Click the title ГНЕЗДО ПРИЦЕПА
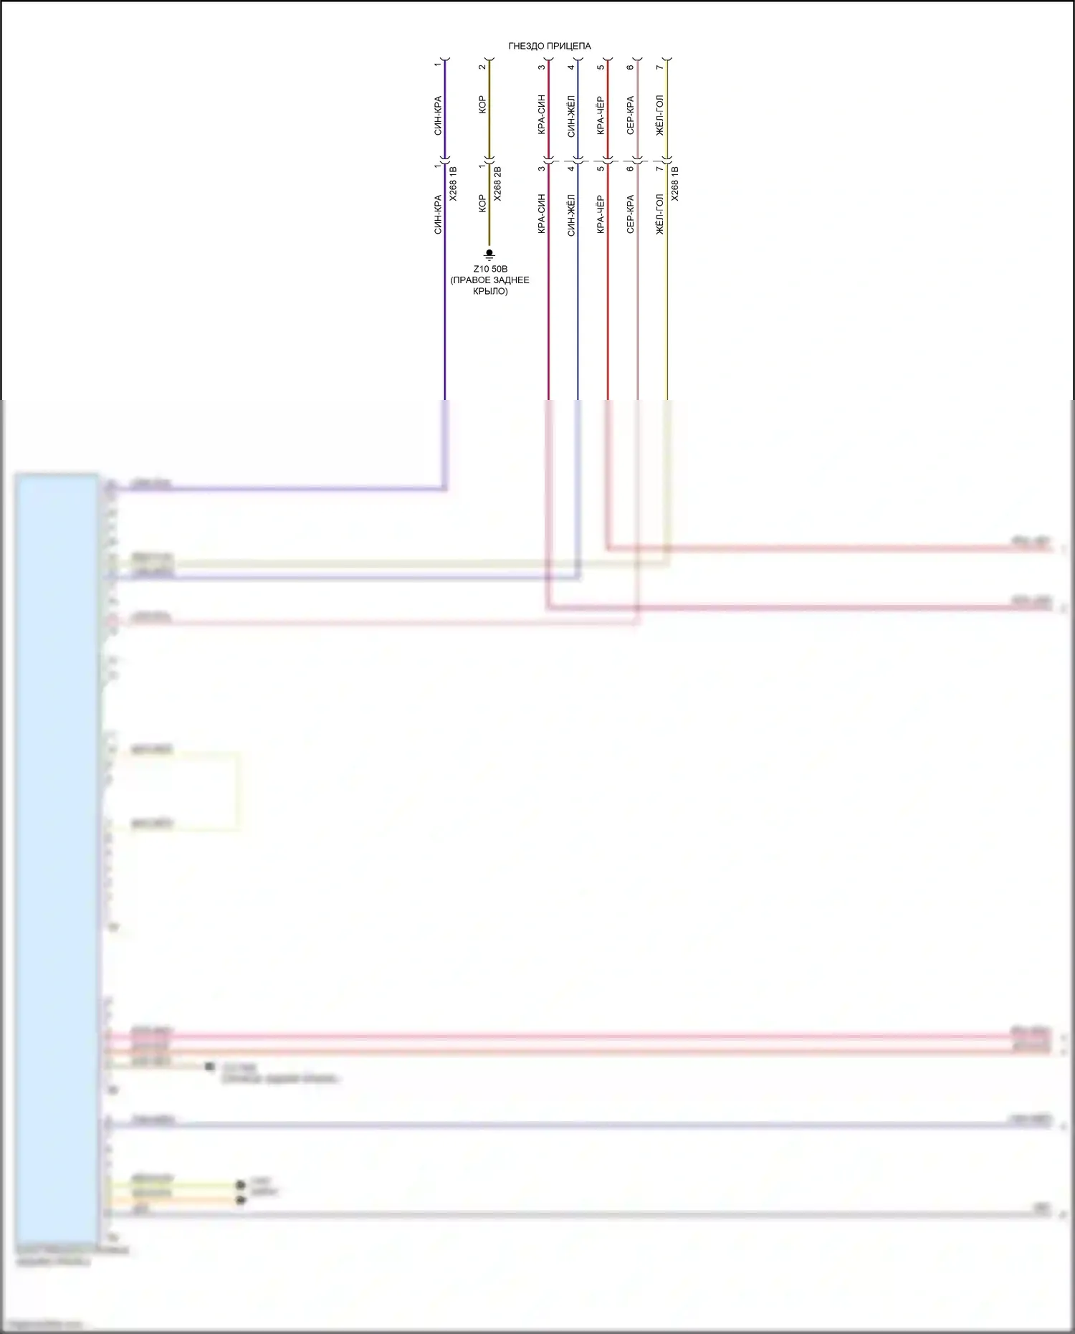click(550, 46)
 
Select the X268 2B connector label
click(498, 184)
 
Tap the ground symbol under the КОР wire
click(489, 254)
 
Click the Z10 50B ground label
click(490, 269)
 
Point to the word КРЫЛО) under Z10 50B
click(490, 292)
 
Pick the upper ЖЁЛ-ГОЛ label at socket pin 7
click(659, 115)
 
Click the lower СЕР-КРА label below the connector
click(630, 214)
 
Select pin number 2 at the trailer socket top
click(482, 67)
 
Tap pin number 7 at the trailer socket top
click(659, 67)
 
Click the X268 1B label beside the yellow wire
click(675, 184)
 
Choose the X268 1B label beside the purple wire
click(452, 184)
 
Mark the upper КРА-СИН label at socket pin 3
click(541, 115)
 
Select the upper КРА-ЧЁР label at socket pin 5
click(601, 115)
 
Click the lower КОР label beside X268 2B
click(482, 204)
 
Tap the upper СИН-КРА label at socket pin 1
click(437, 115)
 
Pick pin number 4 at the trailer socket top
click(571, 67)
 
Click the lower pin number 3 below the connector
click(541, 169)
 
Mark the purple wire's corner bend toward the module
click(444, 489)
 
